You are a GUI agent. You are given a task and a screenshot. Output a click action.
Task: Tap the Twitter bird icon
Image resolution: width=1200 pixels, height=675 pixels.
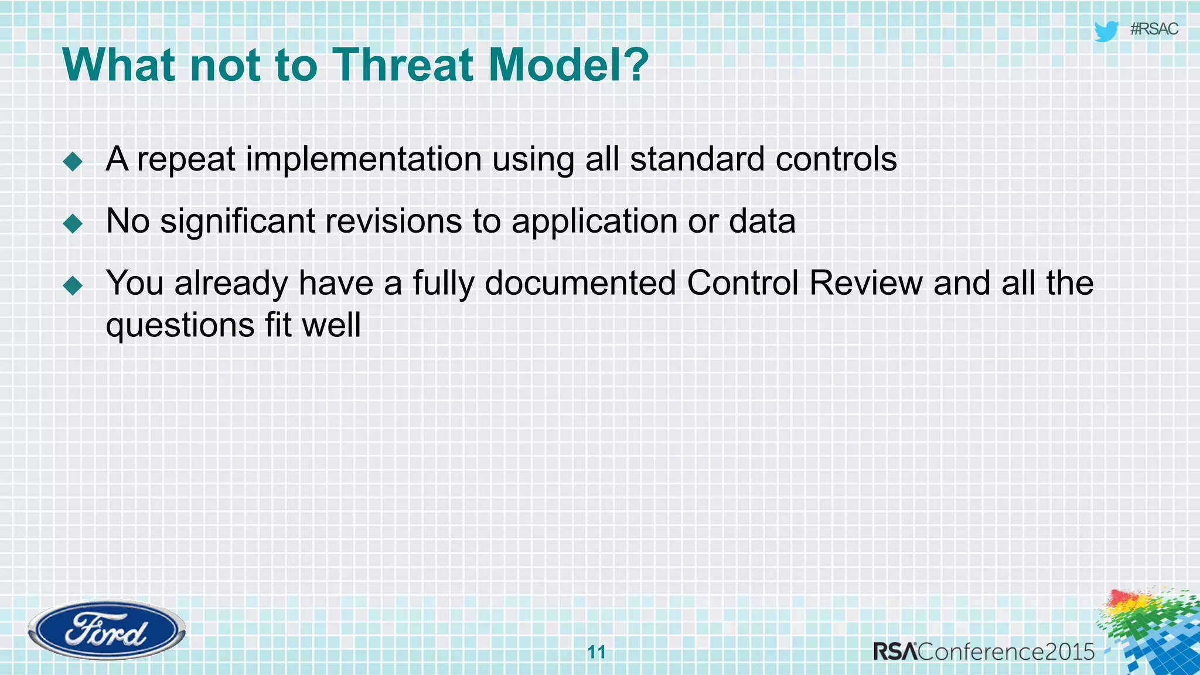[1106, 30]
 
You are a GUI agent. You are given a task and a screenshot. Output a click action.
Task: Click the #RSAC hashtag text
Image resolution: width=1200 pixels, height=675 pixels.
[1154, 29]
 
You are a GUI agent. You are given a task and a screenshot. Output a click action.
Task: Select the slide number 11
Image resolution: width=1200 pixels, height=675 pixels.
[596, 652]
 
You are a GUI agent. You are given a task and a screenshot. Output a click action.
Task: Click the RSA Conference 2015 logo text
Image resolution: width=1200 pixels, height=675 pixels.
[983, 652]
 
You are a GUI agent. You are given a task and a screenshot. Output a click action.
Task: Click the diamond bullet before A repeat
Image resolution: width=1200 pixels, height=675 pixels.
[73, 161]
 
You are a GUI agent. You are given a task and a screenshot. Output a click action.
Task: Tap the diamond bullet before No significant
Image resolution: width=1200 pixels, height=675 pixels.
[73, 223]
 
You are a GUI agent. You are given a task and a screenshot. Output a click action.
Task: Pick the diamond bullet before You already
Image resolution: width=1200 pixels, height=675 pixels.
[73, 285]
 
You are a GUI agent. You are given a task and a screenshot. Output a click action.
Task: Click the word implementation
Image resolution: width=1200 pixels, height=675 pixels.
[363, 159]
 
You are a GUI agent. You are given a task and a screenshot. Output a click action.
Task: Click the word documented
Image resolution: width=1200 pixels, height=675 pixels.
[580, 284]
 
